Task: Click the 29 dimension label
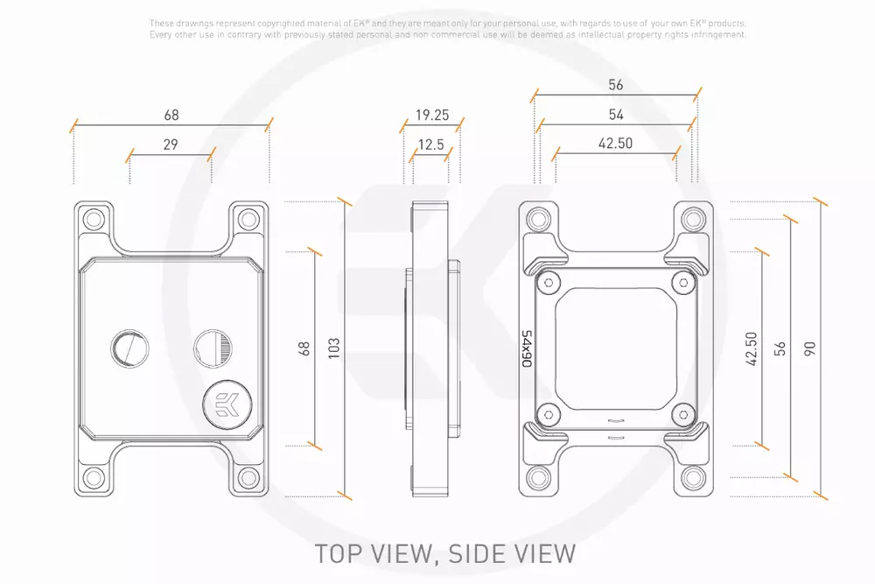tap(171, 144)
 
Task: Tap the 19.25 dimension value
tap(432, 115)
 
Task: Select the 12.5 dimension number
tap(430, 145)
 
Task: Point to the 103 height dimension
tap(333, 348)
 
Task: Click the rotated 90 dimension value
tap(809, 349)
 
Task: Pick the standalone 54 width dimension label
tap(615, 115)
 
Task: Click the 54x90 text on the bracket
tap(527, 348)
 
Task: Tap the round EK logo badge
tap(227, 405)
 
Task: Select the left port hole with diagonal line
tap(129, 348)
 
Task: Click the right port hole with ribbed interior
tap(213, 348)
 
